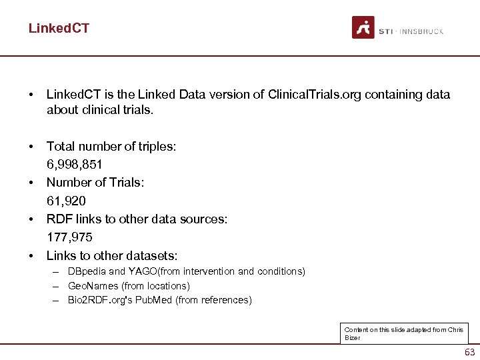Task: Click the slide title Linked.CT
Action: coord(59,28)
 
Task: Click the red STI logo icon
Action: coord(363,27)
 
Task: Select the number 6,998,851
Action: coord(74,164)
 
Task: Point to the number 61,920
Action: coord(66,201)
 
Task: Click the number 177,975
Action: coord(69,237)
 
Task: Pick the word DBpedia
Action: coord(87,271)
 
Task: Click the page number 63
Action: coord(470,352)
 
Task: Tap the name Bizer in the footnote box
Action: coord(352,338)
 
